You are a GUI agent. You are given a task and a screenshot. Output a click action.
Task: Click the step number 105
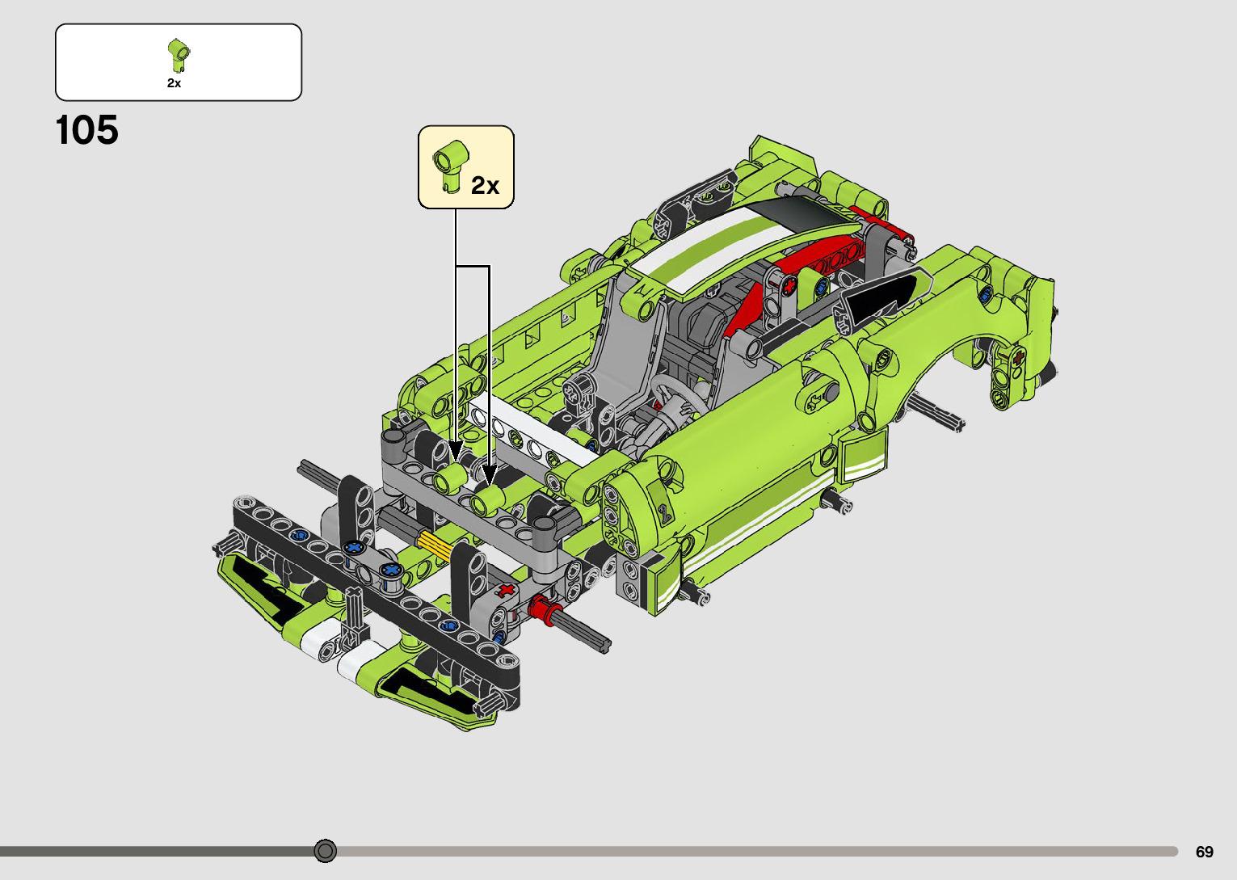86,130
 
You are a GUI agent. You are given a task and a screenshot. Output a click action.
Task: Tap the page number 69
1205,851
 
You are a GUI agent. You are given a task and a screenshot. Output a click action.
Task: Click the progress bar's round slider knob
326,851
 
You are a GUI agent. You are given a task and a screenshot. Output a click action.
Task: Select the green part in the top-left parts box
179,55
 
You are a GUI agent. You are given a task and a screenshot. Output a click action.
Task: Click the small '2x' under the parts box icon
174,83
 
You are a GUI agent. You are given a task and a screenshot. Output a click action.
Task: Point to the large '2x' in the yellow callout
485,186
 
